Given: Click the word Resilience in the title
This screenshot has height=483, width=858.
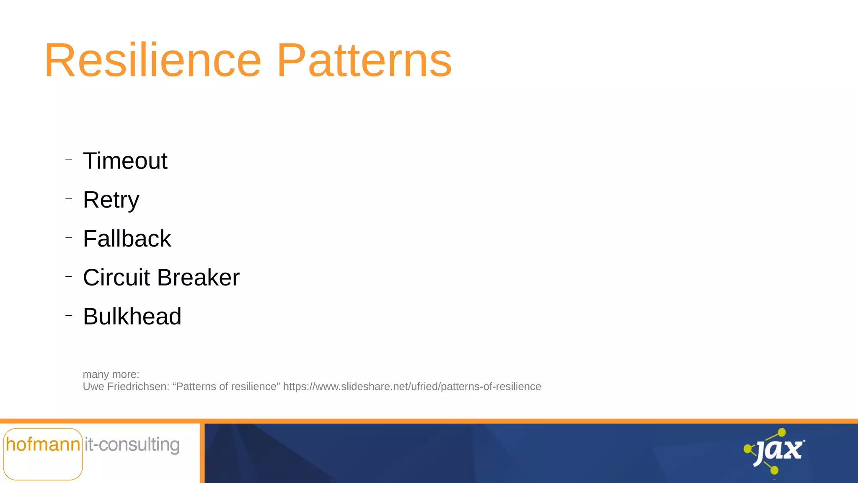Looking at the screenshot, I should click(153, 61).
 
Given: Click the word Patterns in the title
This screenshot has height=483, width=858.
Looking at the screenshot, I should click(364, 61).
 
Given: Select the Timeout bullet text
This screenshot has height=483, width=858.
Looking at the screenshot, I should click(125, 161).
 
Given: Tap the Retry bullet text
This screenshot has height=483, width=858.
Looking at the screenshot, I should click(111, 200).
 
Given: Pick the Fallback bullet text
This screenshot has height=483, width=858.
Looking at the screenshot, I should click(127, 239).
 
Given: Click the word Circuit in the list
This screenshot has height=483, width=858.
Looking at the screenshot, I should click(116, 278).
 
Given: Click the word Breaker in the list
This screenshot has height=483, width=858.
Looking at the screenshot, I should click(198, 278).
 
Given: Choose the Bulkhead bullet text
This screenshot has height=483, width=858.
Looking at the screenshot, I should click(132, 317).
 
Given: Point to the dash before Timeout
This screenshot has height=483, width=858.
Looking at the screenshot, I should click(69, 160).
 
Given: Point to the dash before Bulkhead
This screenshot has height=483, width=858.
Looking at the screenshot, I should click(69, 315).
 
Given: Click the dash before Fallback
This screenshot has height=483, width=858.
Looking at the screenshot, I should click(69, 238).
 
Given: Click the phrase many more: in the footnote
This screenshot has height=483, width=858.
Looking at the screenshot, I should click(111, 374).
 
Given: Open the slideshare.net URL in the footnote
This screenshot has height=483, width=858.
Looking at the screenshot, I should click(412, 387).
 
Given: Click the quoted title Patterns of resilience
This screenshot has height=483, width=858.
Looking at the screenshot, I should click(226, 387).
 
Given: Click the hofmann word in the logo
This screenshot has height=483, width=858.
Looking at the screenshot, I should click(43, 445).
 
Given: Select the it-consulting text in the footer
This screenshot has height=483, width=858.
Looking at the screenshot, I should click(132, 445).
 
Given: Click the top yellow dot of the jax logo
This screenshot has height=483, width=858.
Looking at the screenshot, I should click(782, 432).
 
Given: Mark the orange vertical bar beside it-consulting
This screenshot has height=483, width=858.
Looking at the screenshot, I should click(202, 453).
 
